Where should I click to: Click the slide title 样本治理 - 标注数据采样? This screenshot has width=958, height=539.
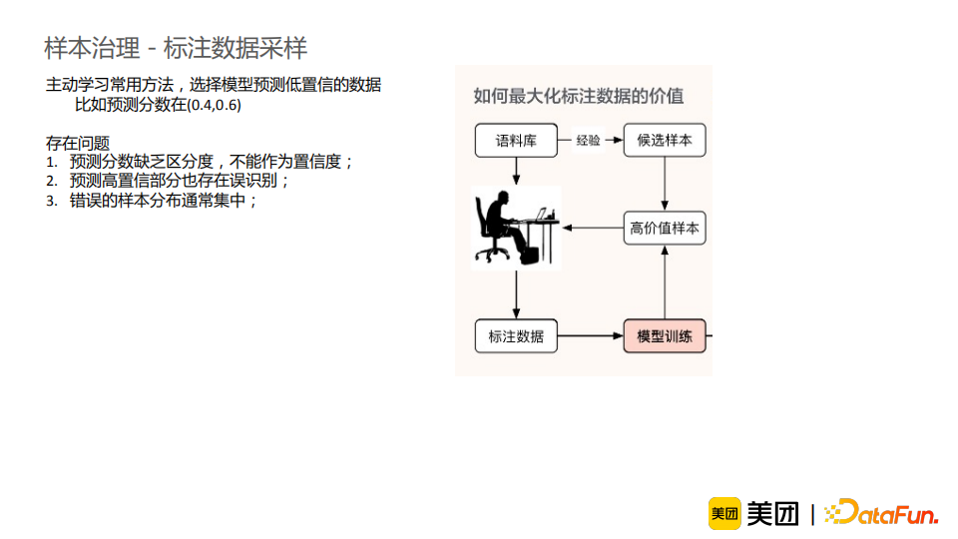coord(176,47)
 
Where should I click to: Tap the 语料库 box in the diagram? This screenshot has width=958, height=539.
coord(516,141)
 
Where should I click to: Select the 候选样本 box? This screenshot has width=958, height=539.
coord(665,141)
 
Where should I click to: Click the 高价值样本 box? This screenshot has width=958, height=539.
coord(665,228)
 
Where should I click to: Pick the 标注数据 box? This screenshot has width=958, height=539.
coord(516,336)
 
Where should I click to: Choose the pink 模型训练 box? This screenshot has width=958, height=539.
coord(665,336)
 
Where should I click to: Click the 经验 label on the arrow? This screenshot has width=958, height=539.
coord(589,141)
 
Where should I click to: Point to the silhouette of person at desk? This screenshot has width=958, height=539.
coord(514,228)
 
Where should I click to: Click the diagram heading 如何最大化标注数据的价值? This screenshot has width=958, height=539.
coord(579,96)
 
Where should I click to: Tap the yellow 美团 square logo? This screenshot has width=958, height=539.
coord(724,513)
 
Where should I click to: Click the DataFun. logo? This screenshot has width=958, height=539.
coord(882,513)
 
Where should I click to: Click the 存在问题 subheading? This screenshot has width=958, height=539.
coord(78,143)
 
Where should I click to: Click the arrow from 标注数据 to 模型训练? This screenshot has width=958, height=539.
coord(590,336)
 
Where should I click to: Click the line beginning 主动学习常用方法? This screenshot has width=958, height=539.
coord(214,86)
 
